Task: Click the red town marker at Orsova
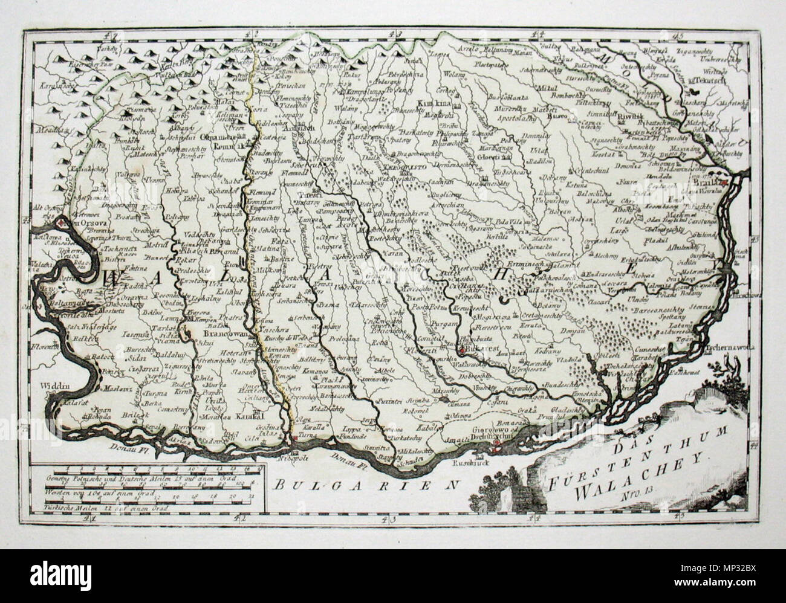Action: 61,223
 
